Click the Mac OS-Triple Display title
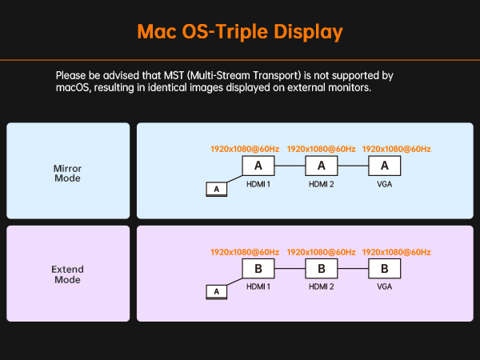pos(240,32)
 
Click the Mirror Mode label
pos(68,174)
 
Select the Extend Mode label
pos(68,274)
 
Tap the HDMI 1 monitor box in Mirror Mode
pos(258,166)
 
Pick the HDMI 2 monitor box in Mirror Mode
pos(322,166)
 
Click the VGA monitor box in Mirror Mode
pos(385,166)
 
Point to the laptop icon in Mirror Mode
pos(217,189)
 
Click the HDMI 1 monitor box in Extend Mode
pos(258,269)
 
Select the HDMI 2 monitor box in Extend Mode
pos(322,269)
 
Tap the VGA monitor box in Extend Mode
pos(385,269)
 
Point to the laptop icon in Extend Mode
pos(217,292)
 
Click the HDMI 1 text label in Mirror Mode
pos(258,184)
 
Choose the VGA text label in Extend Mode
pos(385,287)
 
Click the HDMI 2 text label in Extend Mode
pos(322,287)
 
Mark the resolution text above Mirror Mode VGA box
pos(397,149)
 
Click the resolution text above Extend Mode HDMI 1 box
pos(245,252)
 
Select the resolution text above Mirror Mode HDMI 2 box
pos(321,149)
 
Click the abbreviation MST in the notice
pos(174,76)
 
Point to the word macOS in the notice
pos(73,88)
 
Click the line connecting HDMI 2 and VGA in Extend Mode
pos(353,269)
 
